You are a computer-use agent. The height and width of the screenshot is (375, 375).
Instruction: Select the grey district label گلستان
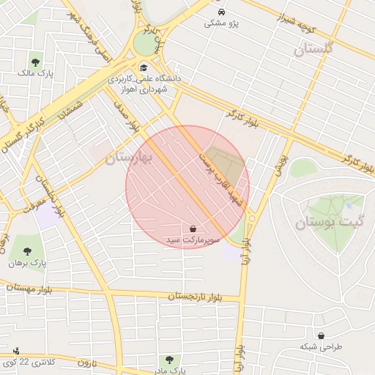point(313,49)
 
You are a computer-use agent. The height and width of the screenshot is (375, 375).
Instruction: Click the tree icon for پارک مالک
point(36,62)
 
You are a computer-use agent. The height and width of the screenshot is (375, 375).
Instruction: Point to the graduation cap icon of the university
point(143,67)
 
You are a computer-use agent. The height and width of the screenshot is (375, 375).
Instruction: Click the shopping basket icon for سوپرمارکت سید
point(193,229)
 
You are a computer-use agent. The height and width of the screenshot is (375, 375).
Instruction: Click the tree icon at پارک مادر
point(170,360)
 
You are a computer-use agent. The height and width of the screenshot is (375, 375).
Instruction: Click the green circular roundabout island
point(144,45)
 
